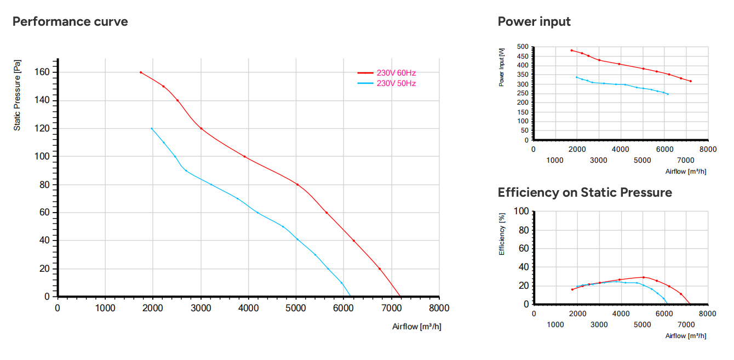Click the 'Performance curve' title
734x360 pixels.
click(70, 21)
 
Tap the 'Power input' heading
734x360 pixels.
click(534, 21)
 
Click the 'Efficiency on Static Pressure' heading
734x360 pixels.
click(585, 192)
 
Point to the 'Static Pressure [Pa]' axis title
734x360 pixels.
click(17, 95)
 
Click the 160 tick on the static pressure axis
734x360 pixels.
click(42, 72)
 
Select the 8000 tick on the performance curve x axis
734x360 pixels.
click(439, 308)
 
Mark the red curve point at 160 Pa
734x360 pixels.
click(141, 72)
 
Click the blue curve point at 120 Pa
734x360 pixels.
click(151, 129)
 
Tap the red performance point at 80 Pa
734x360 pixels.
click(297, 185)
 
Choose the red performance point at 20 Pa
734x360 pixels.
click(380, 269)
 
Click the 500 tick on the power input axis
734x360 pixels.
click(523, 47)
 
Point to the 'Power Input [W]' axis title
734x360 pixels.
click(501, 67)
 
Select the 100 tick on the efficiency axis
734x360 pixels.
click(521, 211)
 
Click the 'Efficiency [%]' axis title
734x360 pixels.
click(502, 234)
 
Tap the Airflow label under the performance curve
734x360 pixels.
click(417, 327)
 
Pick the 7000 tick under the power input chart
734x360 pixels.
click(685, 161)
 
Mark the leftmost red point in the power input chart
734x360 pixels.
click(571, 50)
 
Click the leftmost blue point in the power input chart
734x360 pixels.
click(577, 77)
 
